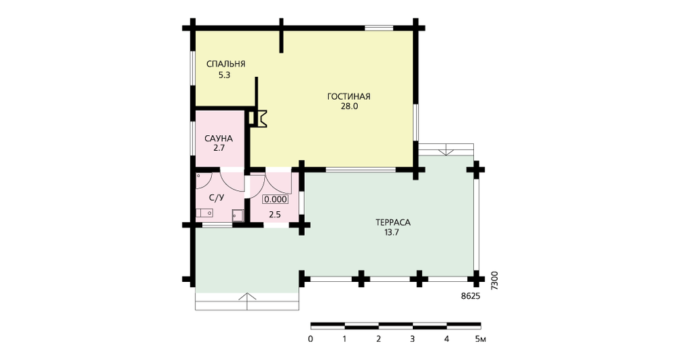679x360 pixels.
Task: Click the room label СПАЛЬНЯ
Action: [225, 64]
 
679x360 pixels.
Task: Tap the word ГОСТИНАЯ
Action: [348, 96]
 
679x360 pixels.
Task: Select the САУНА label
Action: [218, 139]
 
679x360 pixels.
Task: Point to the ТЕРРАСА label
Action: [392, 223]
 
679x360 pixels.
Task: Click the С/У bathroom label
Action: [217, 198]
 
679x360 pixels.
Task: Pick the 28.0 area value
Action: [349, 106]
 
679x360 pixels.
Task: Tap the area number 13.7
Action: [392, 232]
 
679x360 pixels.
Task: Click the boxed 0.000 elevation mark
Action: [276, 199]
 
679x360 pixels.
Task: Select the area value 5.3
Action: [224, 75]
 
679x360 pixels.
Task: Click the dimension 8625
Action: [471, 297]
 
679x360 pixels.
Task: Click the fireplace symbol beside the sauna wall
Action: [259, 119]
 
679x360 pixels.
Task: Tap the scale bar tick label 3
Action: [412, 339]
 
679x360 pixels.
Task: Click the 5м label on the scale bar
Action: [480, 339]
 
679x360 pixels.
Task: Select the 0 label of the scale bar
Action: [310, 339]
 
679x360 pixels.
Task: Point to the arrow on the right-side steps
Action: [445, 151]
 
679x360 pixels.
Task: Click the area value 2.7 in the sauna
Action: [219, 148]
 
